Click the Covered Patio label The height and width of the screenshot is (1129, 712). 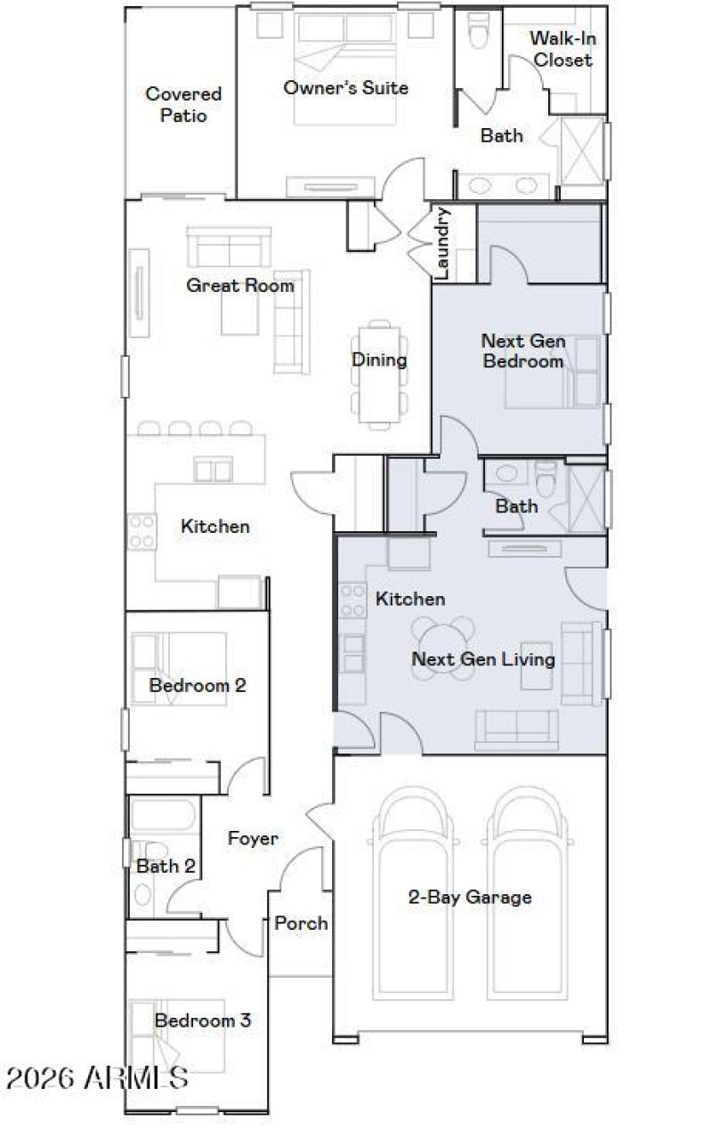pos(183,104)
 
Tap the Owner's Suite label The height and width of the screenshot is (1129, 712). pos(345,87)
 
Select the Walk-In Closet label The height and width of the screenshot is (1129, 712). pos(562,49)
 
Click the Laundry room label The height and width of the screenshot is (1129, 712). pos(442,244)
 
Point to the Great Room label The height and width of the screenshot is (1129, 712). pos(239,286)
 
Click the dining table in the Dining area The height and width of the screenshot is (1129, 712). pos(379,374)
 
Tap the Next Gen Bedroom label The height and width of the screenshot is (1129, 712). pos(522,351)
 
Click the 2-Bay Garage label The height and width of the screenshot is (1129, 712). pos(470,897)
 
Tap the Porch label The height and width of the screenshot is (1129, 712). pos(301,923)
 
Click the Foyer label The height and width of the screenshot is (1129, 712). pos(253,838)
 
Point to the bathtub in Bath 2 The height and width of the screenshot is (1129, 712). pos(164,817)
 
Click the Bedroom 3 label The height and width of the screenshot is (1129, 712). pos(202,1020)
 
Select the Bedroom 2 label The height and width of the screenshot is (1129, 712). pos(198,686)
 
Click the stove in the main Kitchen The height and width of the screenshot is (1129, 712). pos(142,531)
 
